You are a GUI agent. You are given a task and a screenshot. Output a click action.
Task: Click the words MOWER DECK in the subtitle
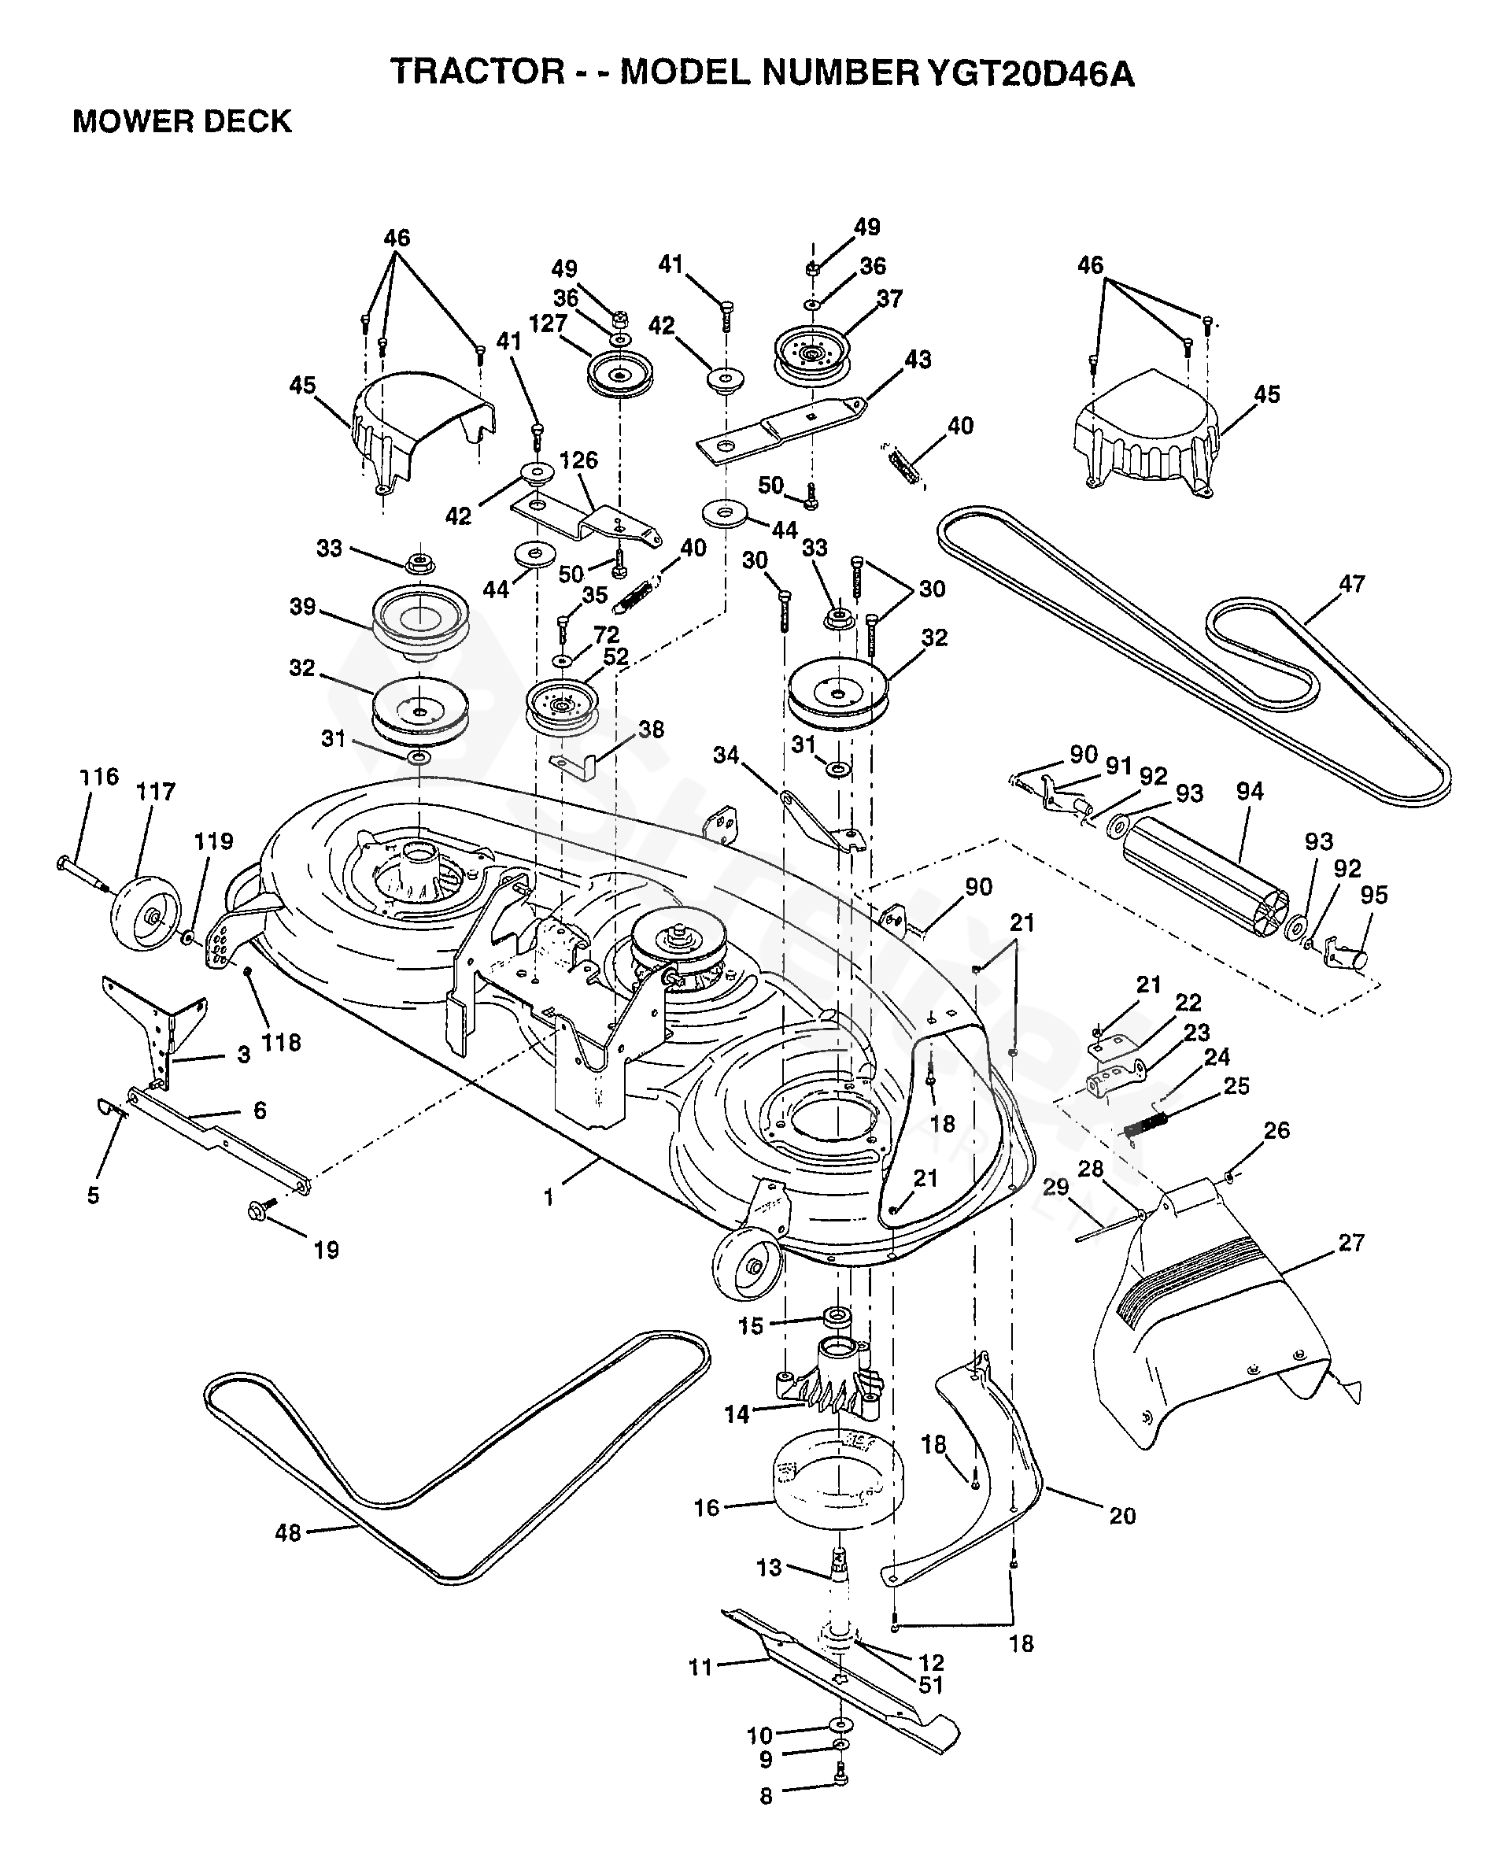click(x=182, y=121)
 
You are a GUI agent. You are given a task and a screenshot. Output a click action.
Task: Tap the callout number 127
click(x=549, y=323)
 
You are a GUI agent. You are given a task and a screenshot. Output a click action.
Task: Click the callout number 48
click(x=288, y=1557)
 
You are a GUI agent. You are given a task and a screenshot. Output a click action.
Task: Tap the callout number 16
click(x=707, y=1507)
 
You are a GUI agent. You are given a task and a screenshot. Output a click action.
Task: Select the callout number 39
click(x=303, y=606)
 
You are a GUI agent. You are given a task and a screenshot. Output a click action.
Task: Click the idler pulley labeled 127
click(x=619, y=375)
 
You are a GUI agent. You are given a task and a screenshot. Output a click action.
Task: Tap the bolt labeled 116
click(x=83, y=873)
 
